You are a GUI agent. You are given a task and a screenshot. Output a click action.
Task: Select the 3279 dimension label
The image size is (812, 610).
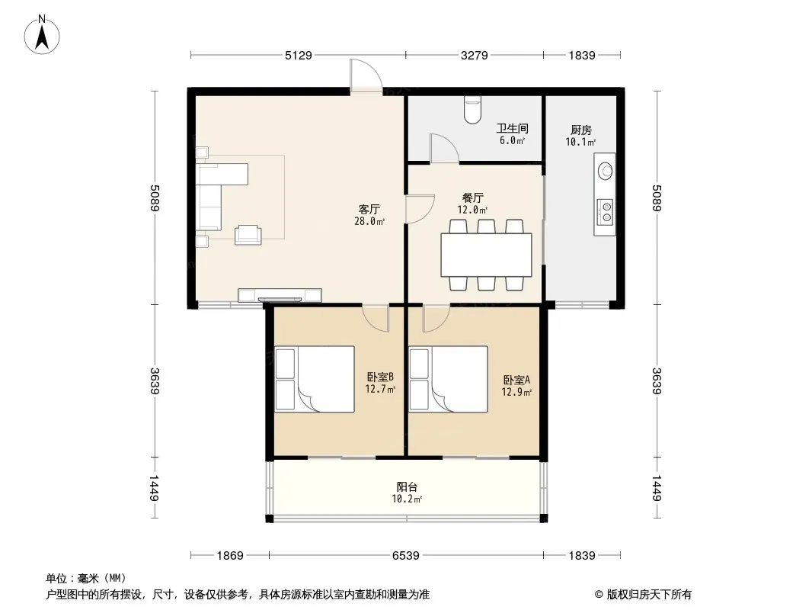[474, 55]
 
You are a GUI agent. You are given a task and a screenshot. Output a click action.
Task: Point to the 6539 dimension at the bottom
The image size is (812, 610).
[406, 556]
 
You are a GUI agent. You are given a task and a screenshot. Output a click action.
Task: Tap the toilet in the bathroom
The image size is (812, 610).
[472, 111]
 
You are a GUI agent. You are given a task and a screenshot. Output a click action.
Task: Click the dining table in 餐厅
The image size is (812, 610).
[486, 255]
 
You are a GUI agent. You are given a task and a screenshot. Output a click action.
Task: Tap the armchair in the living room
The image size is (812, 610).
[248, 234]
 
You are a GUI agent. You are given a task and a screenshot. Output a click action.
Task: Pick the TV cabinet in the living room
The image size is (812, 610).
[280, 295]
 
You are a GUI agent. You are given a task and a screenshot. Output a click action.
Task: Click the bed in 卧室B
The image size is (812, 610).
[315, 379]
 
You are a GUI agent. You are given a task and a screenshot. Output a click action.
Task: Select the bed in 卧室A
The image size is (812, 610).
[449, 379]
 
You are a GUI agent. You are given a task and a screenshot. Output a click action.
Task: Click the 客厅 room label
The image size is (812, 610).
[370, 209]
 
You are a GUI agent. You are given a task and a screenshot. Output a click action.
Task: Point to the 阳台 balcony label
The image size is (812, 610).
[406, 486]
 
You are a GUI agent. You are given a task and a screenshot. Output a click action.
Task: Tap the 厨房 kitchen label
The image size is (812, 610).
[580, 130]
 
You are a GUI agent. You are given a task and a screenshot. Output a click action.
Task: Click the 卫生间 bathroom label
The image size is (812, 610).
[513, 129]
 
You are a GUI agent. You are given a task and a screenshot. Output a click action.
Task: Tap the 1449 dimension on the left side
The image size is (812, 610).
[155, 488]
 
